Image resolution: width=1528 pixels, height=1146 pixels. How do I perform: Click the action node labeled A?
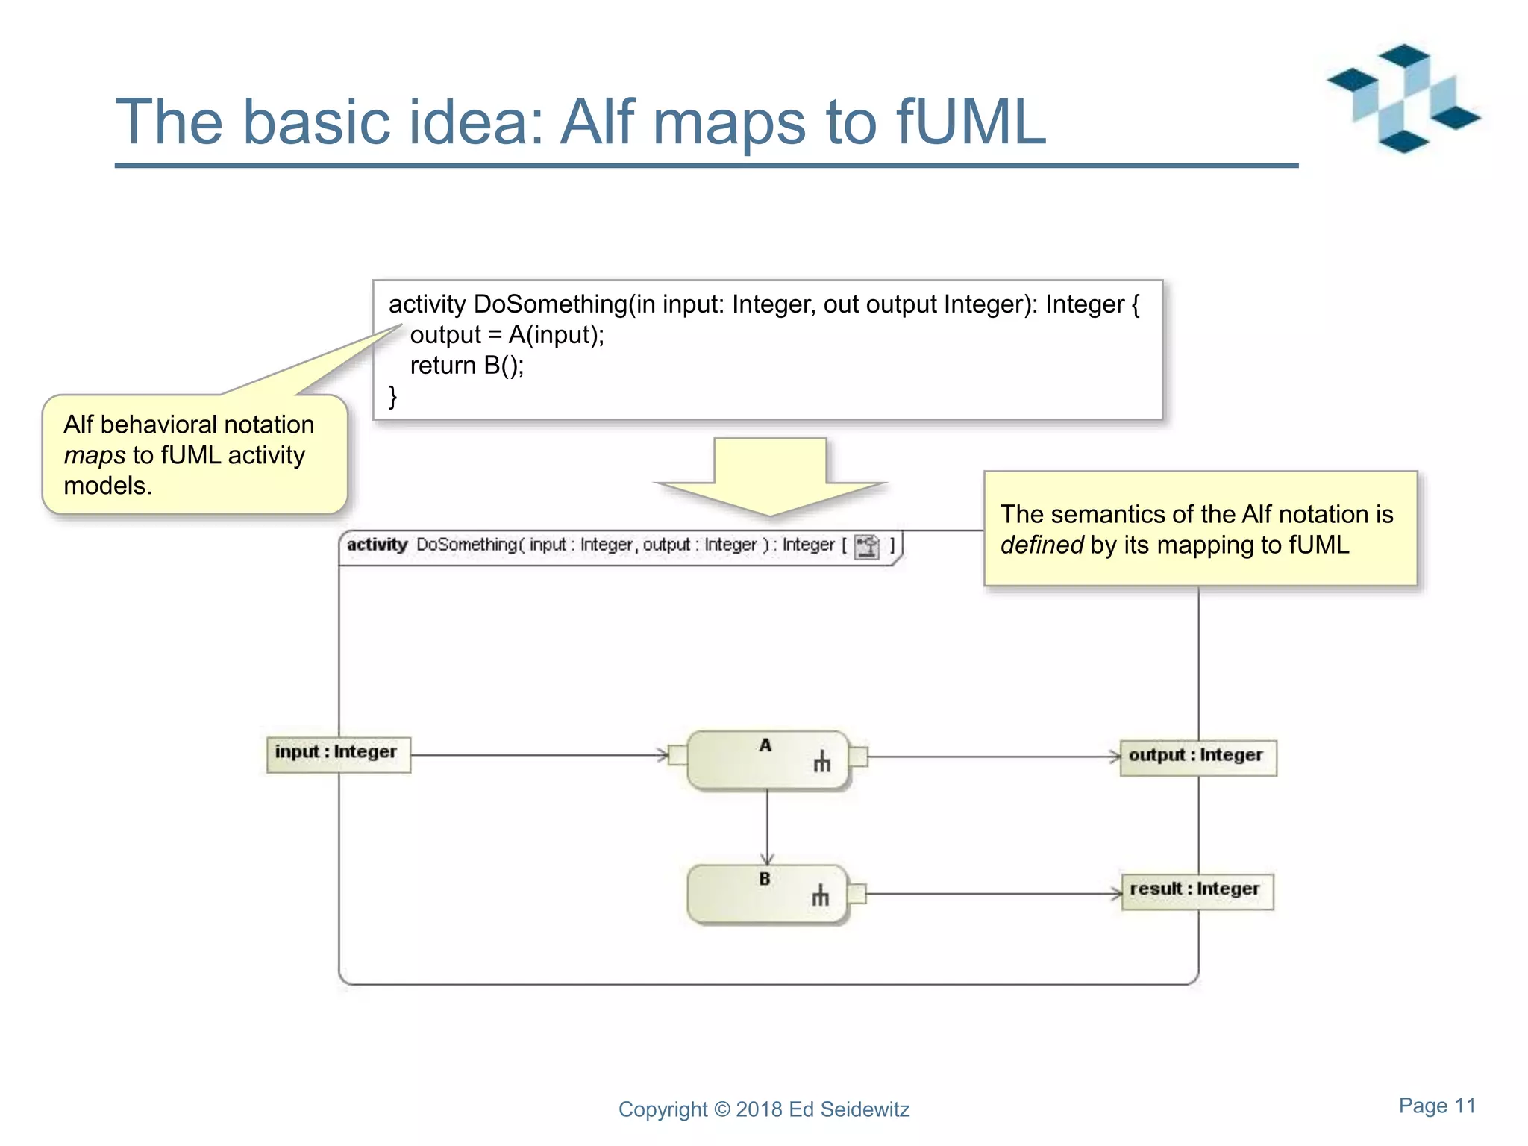(x=767, y=760)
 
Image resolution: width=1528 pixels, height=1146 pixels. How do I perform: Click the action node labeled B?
(x=767, y=894)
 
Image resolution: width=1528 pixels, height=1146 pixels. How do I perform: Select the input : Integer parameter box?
(x=338, y=754)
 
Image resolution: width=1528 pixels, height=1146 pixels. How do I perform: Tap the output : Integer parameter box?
(x=1197, y=757)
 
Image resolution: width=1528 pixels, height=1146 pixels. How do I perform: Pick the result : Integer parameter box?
(x=1197, y=891)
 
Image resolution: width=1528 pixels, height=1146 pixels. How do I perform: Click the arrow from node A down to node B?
(x=767, y=828)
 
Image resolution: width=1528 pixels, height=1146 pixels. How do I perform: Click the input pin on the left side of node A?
(x=677, y=755)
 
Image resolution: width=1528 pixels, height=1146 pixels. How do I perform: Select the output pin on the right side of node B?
(x=857, y=893)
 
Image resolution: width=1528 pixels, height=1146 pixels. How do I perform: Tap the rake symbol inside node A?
(x=821, y=761)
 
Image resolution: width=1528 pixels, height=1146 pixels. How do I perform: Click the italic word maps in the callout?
(x=94, y=455)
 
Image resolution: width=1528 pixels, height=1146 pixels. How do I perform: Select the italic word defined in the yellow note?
(x=1042, y=545)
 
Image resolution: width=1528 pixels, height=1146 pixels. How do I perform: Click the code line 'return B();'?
(x=467, y=366)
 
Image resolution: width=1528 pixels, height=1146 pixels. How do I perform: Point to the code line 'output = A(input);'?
(x=507, y=335)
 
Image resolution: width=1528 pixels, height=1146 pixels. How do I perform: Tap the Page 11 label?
(x=1437, y=1106)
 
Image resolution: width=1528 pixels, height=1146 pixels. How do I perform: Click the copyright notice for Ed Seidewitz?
(x=763, y=1109)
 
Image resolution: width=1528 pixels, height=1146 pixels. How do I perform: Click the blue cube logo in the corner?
(x=1403, y=98)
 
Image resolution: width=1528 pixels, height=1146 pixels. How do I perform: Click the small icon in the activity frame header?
(x=867, y=546)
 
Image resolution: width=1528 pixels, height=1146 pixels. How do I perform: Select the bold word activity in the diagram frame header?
(x=377, y=545)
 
